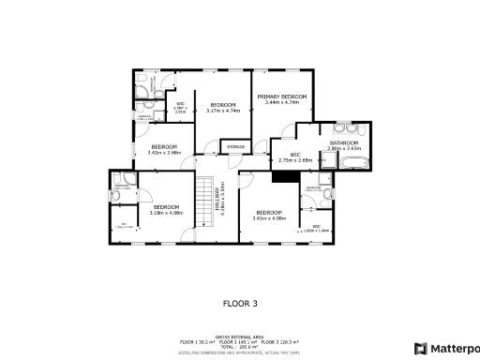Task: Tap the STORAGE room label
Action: tap(235, 146)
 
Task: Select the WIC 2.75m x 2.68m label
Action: tap(294, 157)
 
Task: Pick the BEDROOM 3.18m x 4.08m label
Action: tap(167, 209)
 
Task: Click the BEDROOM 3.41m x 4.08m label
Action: tap(269, 215)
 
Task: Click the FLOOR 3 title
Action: tap(239, 303)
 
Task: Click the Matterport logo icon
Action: tap(421, 348)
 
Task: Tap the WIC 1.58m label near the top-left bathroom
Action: tap(181, 107)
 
